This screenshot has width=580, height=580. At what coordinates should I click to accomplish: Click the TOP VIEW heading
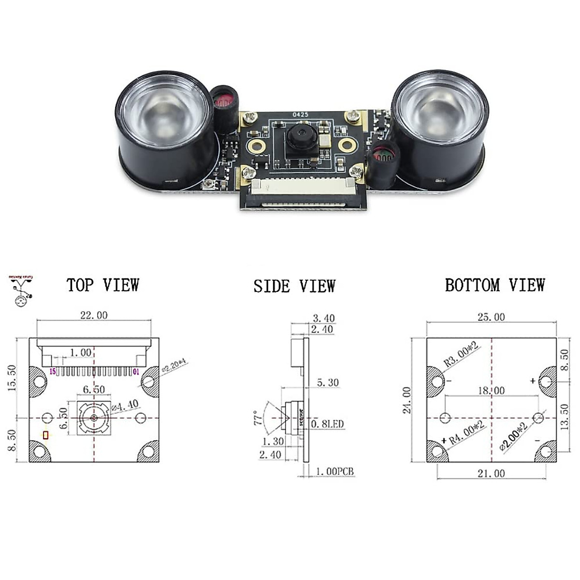point(102,285)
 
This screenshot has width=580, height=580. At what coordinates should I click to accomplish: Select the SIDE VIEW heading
point(294,286)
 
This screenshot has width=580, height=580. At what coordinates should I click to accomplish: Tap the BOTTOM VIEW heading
point(495,285)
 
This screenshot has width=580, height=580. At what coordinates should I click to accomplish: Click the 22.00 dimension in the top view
point(94,315)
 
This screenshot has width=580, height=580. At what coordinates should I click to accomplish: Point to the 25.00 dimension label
point(491,317)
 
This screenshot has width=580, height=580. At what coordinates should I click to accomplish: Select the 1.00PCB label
point(335,471)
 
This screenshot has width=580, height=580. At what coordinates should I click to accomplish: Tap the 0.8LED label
point(327,424)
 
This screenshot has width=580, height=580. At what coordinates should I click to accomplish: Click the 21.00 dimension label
point(491,474)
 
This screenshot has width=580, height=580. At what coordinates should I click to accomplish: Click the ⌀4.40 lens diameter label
point(125,405)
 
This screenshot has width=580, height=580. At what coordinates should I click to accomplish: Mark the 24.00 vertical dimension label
point(407,400)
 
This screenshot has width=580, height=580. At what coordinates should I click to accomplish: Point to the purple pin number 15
point(53,371)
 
